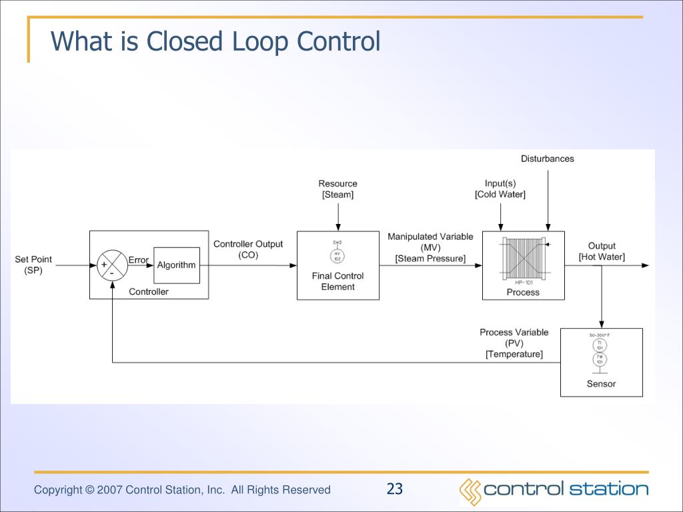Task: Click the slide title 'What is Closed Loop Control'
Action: (215, 41)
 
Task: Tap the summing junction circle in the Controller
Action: (112, 265)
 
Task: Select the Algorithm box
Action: (176, 265)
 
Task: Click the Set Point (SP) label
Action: (33, 265)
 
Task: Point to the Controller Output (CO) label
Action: (247, 249)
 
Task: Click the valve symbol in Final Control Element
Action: (337, 253)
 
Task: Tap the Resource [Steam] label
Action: (337, 189)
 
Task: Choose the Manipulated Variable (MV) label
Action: (430, 247)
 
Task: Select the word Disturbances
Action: (547, 159)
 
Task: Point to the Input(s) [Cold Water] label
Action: (500, 189)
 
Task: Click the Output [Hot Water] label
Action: (602, 251)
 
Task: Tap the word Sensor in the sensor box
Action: (601, 383)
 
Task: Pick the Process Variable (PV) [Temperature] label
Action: (514, 343)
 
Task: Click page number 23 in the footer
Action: (395, 489)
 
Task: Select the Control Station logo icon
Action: (470, 491)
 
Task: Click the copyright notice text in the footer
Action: (182, 490)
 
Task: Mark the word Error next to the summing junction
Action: (138, 260)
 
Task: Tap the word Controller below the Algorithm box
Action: (149, 291)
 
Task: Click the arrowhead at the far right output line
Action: (644, 265)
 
